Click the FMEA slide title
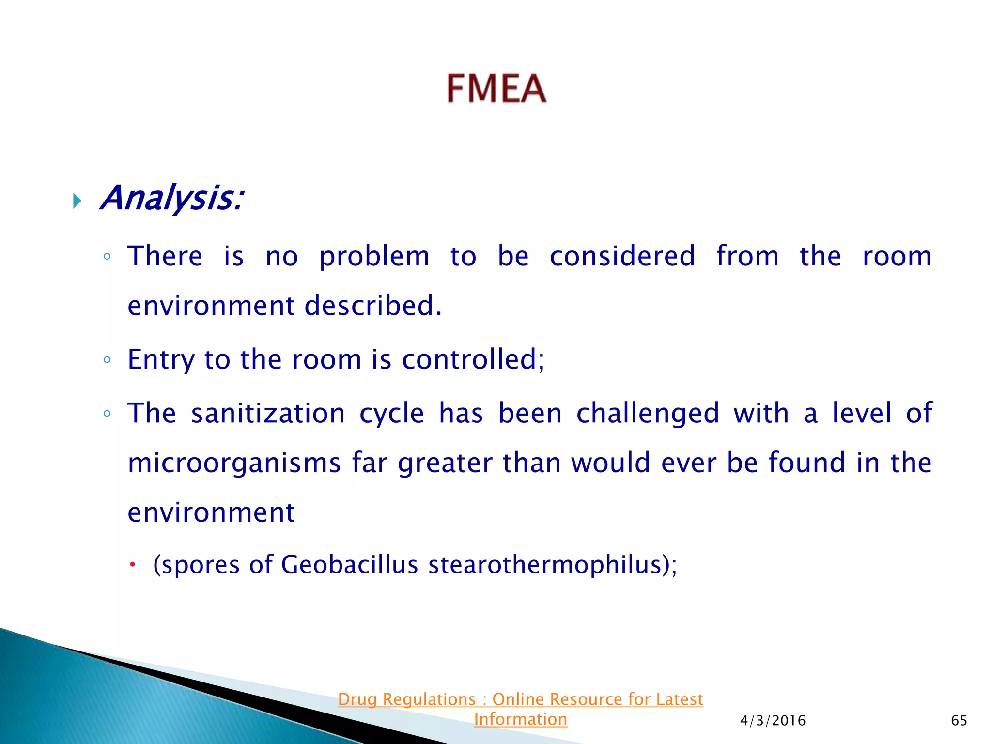coord(496,88)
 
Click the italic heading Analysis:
coord(171,199)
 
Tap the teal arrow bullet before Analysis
coord(77,200)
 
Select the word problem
coord(374,257)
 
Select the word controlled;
coord(473,359)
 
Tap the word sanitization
coord(268,414)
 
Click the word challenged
coord(648,415)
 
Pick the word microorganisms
coord(234,463)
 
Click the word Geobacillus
coord(349,565)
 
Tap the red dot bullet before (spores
coord(132,564)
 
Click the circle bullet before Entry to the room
coord(107,360)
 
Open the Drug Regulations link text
coord(520,699)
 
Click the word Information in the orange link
coord(520,719)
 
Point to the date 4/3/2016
coord(773,721)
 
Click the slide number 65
coord(959,721)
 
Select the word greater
coord(445,463)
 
